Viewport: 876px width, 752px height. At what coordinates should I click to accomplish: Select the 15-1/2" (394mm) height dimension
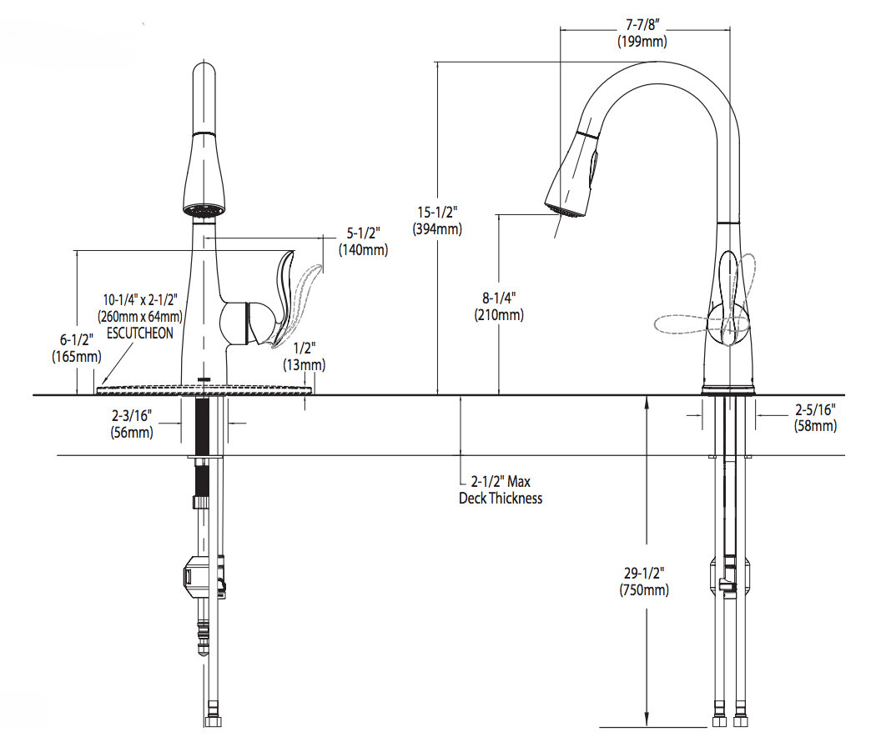pyautogui.click(x=437, y=221)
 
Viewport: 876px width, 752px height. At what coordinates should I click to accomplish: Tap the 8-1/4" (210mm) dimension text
pyautogui.click(x=499, y=308)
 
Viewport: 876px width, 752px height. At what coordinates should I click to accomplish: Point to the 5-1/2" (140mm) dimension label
pyautogui.click(x=362, y=242)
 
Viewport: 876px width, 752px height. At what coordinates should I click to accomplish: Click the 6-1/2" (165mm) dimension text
pyautogui.click(x=76, y=348)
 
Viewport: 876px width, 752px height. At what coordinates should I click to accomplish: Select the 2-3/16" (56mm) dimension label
pyautogui.click(x=132, y=424)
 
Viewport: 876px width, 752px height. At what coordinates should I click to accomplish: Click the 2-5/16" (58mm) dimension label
pyautogui.click(x=814, y=418)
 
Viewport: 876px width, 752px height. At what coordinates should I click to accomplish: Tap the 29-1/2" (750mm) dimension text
pyautogui.click(x=643, y=582)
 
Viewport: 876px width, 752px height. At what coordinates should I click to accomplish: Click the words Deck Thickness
pyautogui.click(x=501, y=499)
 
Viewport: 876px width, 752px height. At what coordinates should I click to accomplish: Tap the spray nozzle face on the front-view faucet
pyautogui.click(x=204, y=212)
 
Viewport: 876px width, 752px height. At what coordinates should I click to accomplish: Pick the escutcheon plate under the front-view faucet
pyautogui.click(x=206, y=388)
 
